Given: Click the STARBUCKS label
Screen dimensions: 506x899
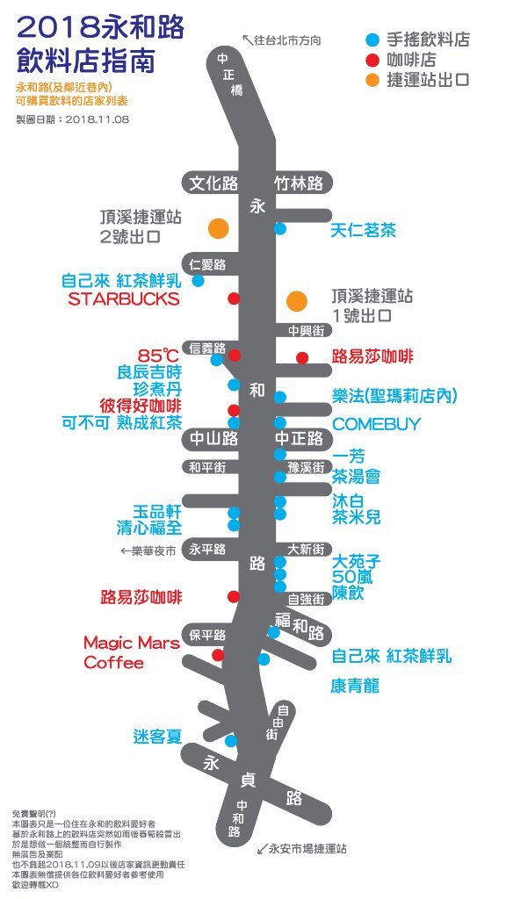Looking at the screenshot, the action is [123, 298].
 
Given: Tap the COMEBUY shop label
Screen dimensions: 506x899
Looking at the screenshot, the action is [376, 424].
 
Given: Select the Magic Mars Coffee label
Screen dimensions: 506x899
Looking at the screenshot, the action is [132, 652].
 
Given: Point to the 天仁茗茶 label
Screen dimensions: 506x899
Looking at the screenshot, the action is [363, 231].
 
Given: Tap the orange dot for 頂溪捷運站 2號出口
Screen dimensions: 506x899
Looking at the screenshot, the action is [219, 228].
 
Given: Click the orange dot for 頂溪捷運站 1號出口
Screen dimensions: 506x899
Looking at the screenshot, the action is [297, 300].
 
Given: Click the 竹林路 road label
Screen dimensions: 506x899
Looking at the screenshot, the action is [299, 183].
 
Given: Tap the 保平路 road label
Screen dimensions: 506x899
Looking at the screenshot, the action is [207, 636].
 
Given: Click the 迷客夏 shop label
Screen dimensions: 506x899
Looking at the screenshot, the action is [157, 737].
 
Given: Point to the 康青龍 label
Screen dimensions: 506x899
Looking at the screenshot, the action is [355, 686].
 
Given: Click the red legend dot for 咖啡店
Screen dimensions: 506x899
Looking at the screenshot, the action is [372, 59].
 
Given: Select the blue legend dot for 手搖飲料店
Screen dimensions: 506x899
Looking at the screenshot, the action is [372, 40].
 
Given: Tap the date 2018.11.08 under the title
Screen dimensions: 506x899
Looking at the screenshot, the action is [97, 119].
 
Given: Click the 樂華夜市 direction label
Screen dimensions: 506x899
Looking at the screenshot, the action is [148, 551].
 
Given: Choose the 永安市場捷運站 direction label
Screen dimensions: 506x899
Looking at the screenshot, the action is [301, 848].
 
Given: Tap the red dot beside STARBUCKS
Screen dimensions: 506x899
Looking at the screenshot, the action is [234, 298].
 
